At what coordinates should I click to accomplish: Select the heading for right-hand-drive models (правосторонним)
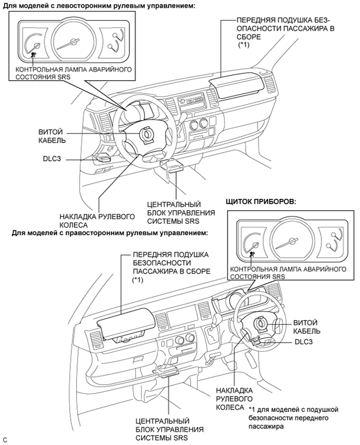(x=110, y=232)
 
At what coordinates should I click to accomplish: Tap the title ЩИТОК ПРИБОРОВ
(x=260, y=201)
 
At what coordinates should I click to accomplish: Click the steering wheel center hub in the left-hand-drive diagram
(x=146, y=134)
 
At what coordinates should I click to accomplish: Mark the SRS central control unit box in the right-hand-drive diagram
(x=166, y=372)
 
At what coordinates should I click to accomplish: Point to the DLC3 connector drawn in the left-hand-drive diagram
(x=103, y=158)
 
